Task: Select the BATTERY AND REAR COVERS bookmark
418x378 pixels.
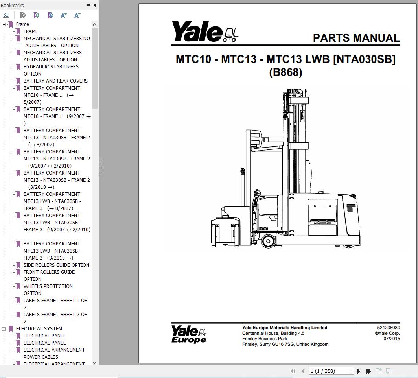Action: click(55, 81)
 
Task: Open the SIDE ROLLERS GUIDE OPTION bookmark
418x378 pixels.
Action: click(56, 265)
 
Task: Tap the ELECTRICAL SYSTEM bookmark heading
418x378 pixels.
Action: click(39, 329)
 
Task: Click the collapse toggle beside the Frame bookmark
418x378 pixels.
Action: click(4, 24)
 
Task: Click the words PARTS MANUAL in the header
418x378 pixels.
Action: click(356, 38)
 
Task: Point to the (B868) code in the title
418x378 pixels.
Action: click(285, 72)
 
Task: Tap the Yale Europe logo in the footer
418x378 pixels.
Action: click(189, 334)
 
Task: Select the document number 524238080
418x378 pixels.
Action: click(389, 328)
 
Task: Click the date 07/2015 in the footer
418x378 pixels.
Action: click(392, 339)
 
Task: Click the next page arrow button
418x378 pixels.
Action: click(359, 371)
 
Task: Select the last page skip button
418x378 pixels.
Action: click(368, 371)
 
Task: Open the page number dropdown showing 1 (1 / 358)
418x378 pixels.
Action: click(331, 371)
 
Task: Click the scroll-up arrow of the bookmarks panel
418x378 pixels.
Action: click(94, 24)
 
